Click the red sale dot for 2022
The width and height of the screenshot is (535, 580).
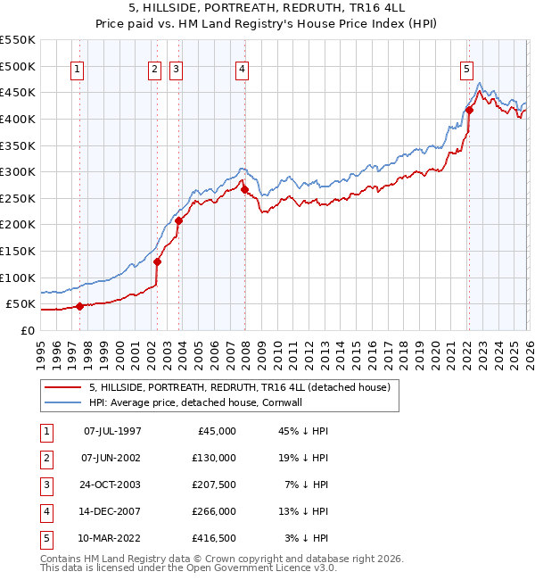(x=469, y=111)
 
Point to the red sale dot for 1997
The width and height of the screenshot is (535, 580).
(x=79, y=306)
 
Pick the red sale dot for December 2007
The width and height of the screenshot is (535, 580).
(x=244, y=189)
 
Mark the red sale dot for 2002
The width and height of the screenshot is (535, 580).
(x=157, y=261)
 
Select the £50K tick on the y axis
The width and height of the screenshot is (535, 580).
(x=21, y=304)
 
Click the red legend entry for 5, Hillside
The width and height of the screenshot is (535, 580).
(x=239, y=387)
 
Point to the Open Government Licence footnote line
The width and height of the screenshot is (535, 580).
(x=189, y=568)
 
